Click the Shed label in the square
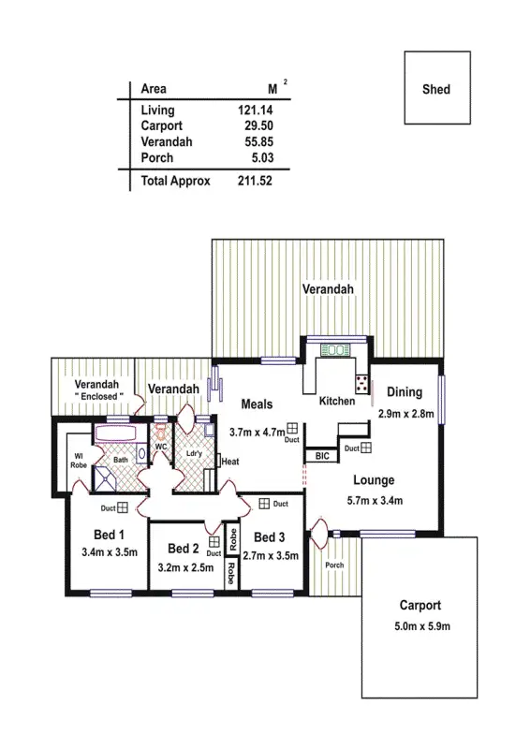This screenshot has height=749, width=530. pyautogui.click(x=436, y=90)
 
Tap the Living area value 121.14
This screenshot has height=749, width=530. pyautogui.click(x=255, y=110)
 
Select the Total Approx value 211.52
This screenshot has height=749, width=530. pyautogui.click(x=255, y=181)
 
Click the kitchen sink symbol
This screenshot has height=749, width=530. pyautogui.click(x=334, y=349)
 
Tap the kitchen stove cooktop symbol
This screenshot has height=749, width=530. pyautogui.click(x=361, y=384)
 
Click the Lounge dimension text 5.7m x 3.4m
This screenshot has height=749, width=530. pyautogui.click(x=374, y=500)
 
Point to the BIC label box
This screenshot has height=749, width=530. pyautogui.click(x=322, y=457)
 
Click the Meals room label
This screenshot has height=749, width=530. pyautogui.click(x=257, y=404)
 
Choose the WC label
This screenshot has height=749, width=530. pyautogui.click(x=160, y=446)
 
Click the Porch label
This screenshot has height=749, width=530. pyautogui.click(x=334, y=565)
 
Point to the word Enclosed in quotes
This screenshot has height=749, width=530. pyautogui.click(x=99, y=397)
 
